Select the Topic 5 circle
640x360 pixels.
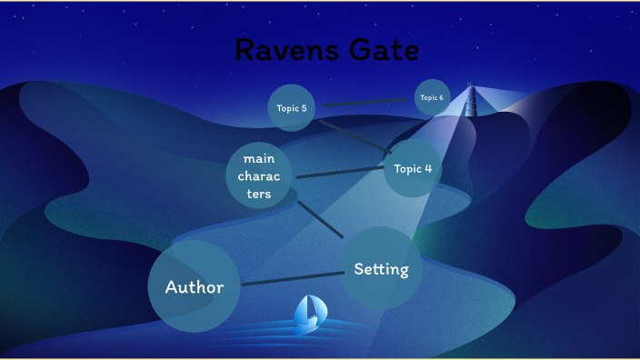[x=292, y=108]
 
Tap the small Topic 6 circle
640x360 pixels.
[x=432, y=97]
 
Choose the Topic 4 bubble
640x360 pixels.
[x=413, y=168]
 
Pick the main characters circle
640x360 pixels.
[x=258, y=175]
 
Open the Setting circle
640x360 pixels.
[x=381, y=269]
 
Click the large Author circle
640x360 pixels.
[x=194, y=287]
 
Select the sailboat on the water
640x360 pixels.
[x=308, y=312]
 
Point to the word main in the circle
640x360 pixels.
[x=258, y=159]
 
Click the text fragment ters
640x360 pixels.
[x=258, y=194]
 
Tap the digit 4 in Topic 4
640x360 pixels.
[x=428, y=168]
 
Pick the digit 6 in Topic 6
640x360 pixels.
[x=441, y=97]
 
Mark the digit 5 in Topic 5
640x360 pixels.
[x=304, y=108]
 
